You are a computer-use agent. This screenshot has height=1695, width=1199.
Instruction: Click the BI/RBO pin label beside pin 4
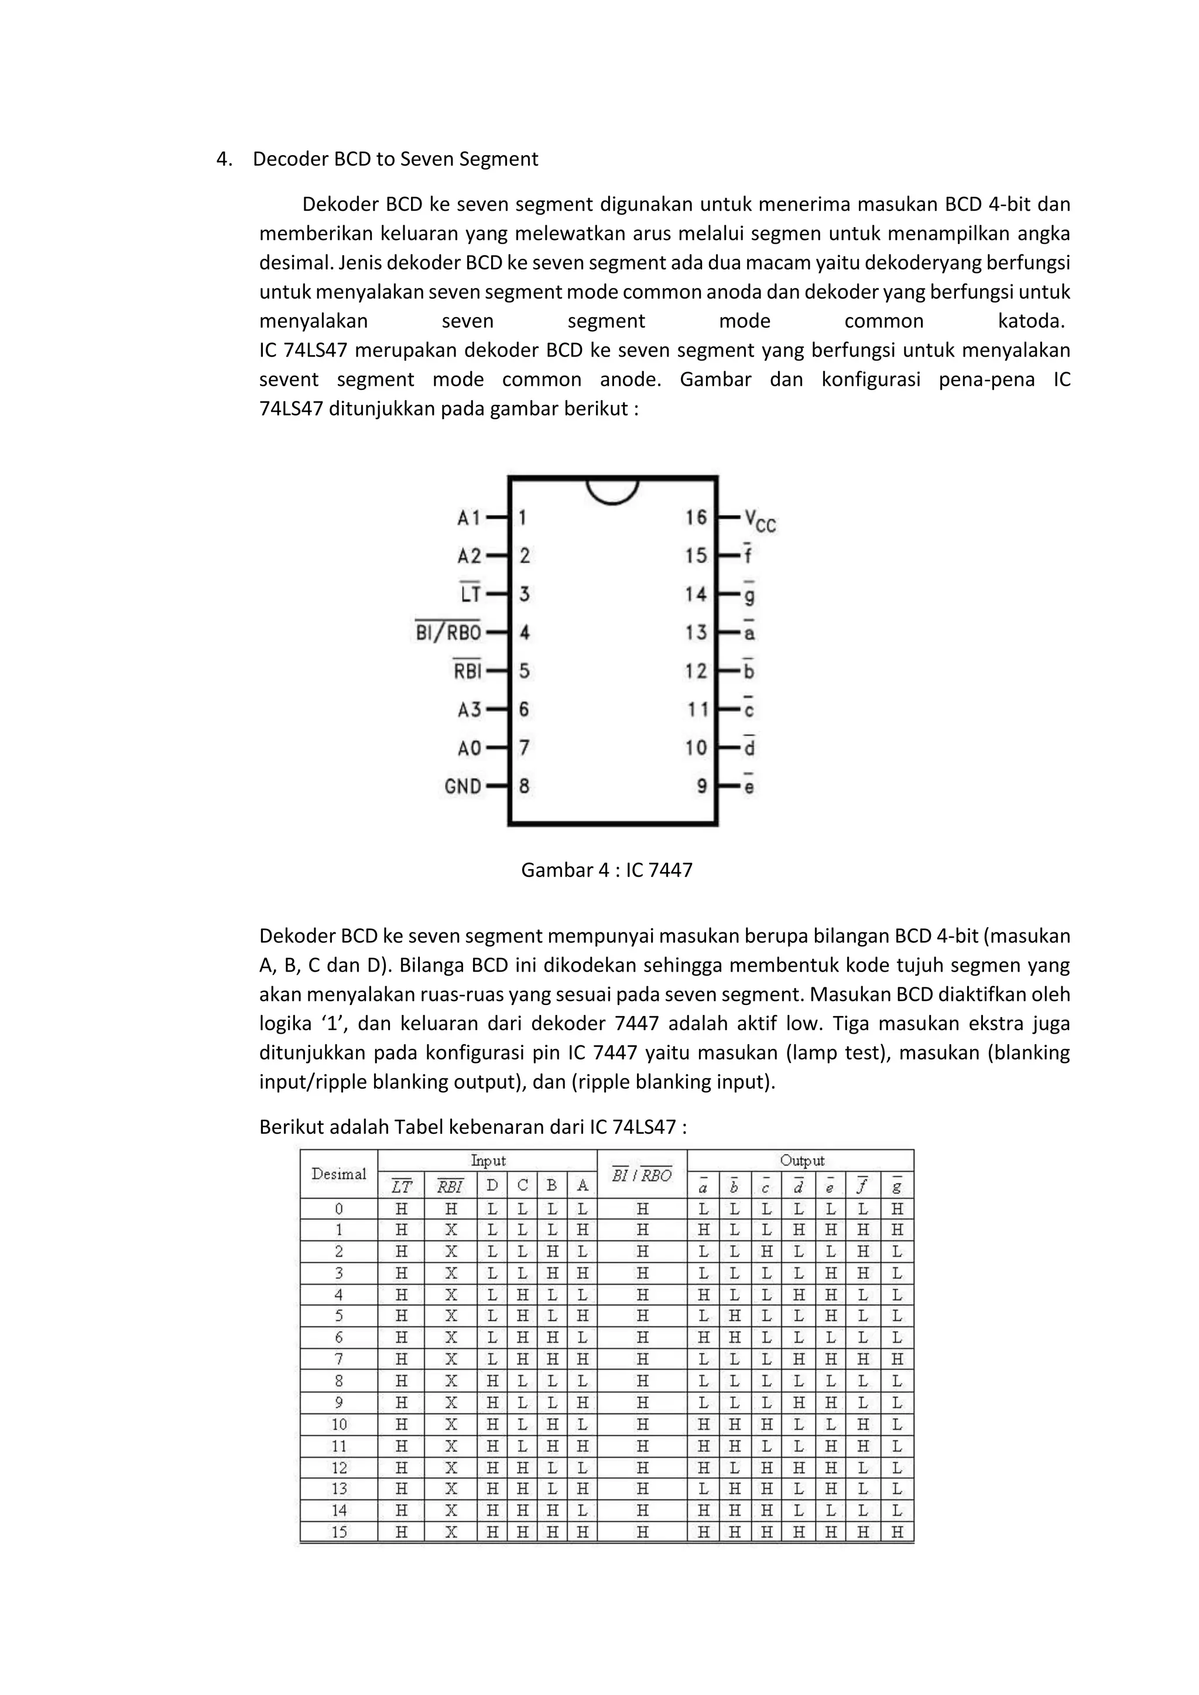pos(448,633)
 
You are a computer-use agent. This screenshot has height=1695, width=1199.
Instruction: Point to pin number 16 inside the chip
pos(696,517)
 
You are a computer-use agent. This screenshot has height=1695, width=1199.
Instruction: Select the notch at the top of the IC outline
pos(612,490)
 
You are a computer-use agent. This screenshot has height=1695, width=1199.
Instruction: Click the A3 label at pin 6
pos(469,709)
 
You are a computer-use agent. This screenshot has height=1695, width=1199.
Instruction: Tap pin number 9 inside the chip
pos(701,786)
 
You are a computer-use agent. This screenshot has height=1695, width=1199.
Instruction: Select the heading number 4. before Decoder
pos(224,159)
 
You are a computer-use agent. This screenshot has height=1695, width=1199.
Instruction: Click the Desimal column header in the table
pos(338,1174)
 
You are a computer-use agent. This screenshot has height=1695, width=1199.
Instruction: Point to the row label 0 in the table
pos(338,1209)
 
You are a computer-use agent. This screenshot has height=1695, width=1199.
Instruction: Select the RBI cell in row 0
pos(450,1209)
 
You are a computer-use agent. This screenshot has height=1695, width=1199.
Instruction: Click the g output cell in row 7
pos(896,1359)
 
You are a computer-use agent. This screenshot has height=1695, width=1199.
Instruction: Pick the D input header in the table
pos(492,1186)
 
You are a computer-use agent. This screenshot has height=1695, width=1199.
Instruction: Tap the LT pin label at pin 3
pos(470,593)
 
